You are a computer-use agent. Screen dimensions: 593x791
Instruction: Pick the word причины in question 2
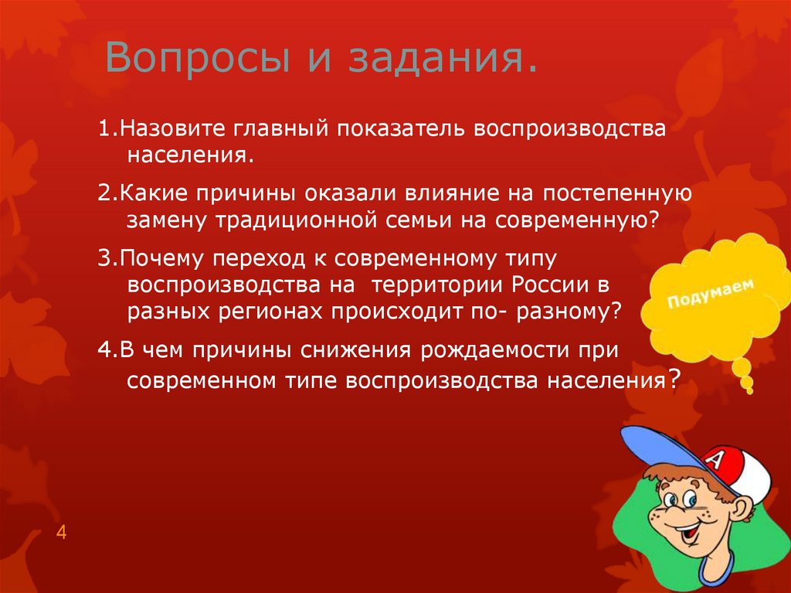pos(255,193)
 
